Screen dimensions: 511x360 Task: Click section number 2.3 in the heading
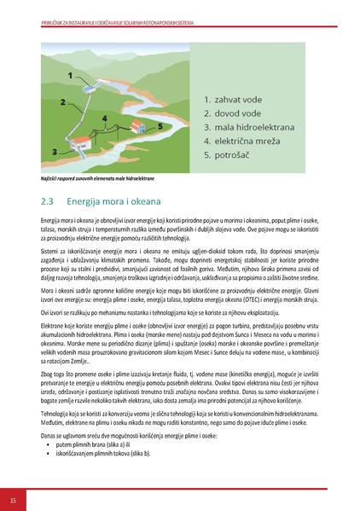pyautogui.click(x=48, y=203)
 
